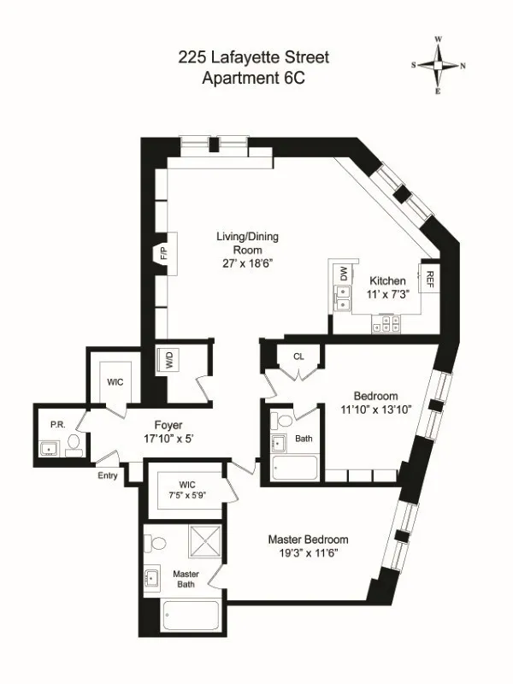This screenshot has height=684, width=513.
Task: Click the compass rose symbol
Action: pos(438,64)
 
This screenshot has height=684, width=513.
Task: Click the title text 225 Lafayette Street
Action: pos(253,58)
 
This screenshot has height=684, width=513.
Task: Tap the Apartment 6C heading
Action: pos(253,79)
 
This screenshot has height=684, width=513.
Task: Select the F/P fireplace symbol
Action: pos(164,254)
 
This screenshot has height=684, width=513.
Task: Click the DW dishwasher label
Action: pos(344,274)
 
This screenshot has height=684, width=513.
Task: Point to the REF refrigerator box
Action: pos(430,277)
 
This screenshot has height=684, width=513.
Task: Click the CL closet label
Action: pos(298,357)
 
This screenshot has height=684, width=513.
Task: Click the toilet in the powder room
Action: pos(74,443)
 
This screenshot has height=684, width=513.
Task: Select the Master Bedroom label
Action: pos(308,540)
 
